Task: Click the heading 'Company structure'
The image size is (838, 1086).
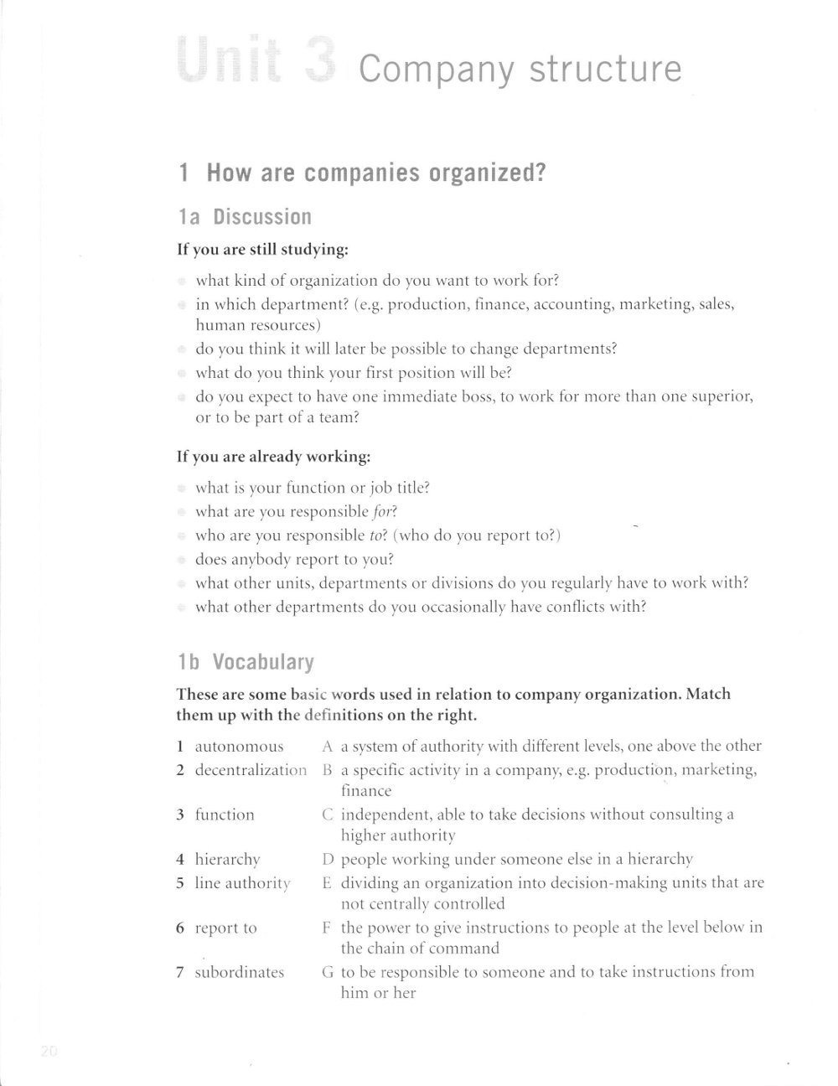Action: tap(520, 69)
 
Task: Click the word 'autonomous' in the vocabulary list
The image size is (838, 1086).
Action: tap(239, 746)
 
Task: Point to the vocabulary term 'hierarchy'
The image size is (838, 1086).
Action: tap(227, 859)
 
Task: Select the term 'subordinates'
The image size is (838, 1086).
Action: tap(239, 972)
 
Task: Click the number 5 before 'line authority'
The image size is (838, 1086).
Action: tap(180, 882)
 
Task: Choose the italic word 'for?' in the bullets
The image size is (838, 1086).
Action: tap(385, 512)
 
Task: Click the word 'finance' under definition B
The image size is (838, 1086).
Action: tap(366, 791)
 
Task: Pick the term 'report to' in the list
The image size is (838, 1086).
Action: tap(225, 928)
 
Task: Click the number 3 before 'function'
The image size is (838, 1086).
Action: tap(180, 814)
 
